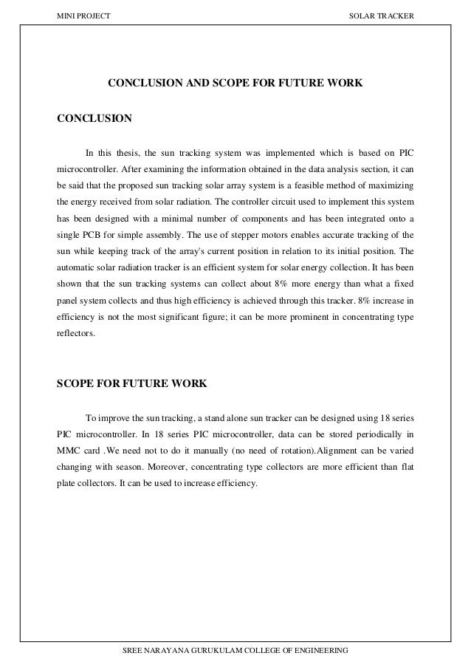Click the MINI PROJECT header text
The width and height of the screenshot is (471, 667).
[x=78, y=16]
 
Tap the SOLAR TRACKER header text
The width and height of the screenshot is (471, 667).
[x=384, y=16]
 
